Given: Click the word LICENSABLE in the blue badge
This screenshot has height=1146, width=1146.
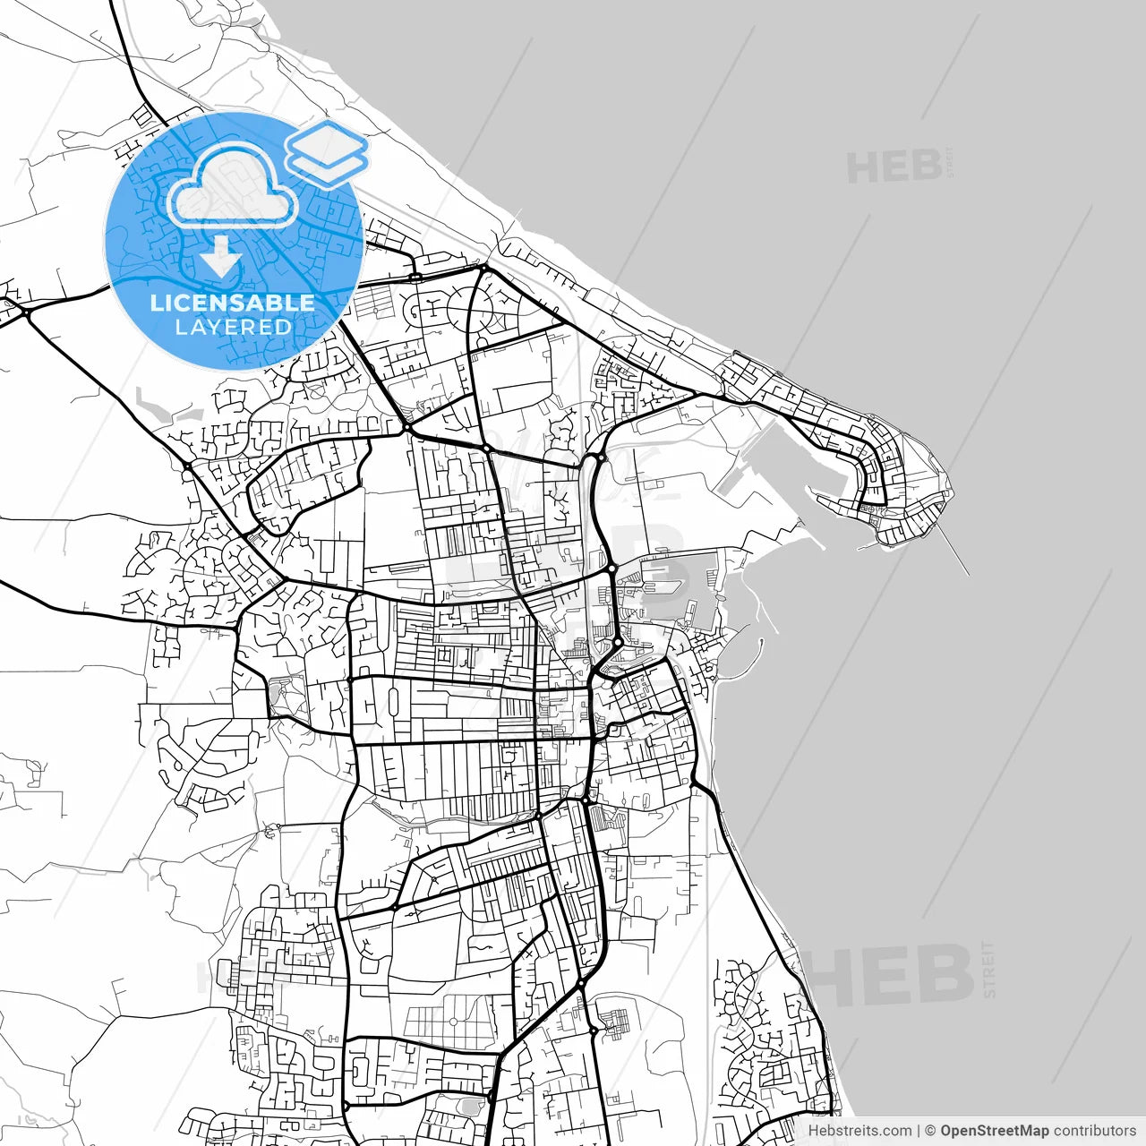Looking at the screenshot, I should [233, 303].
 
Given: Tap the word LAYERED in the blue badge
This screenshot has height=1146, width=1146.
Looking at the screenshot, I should [233, 328].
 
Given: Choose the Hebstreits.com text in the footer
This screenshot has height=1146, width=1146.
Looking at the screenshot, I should [859, 1131].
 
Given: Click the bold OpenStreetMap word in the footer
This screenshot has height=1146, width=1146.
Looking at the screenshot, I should [994, 1131].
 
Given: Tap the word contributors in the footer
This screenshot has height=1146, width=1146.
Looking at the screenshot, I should [1094, 1131].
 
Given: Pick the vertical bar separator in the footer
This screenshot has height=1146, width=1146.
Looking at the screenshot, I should [919, 1131].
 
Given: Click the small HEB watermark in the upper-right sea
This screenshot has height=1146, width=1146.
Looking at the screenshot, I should [894, 167].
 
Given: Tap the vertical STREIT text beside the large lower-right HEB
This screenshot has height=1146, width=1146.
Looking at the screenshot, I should [988, 969].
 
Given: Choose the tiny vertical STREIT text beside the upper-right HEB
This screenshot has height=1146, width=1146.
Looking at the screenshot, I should [950, 162].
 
